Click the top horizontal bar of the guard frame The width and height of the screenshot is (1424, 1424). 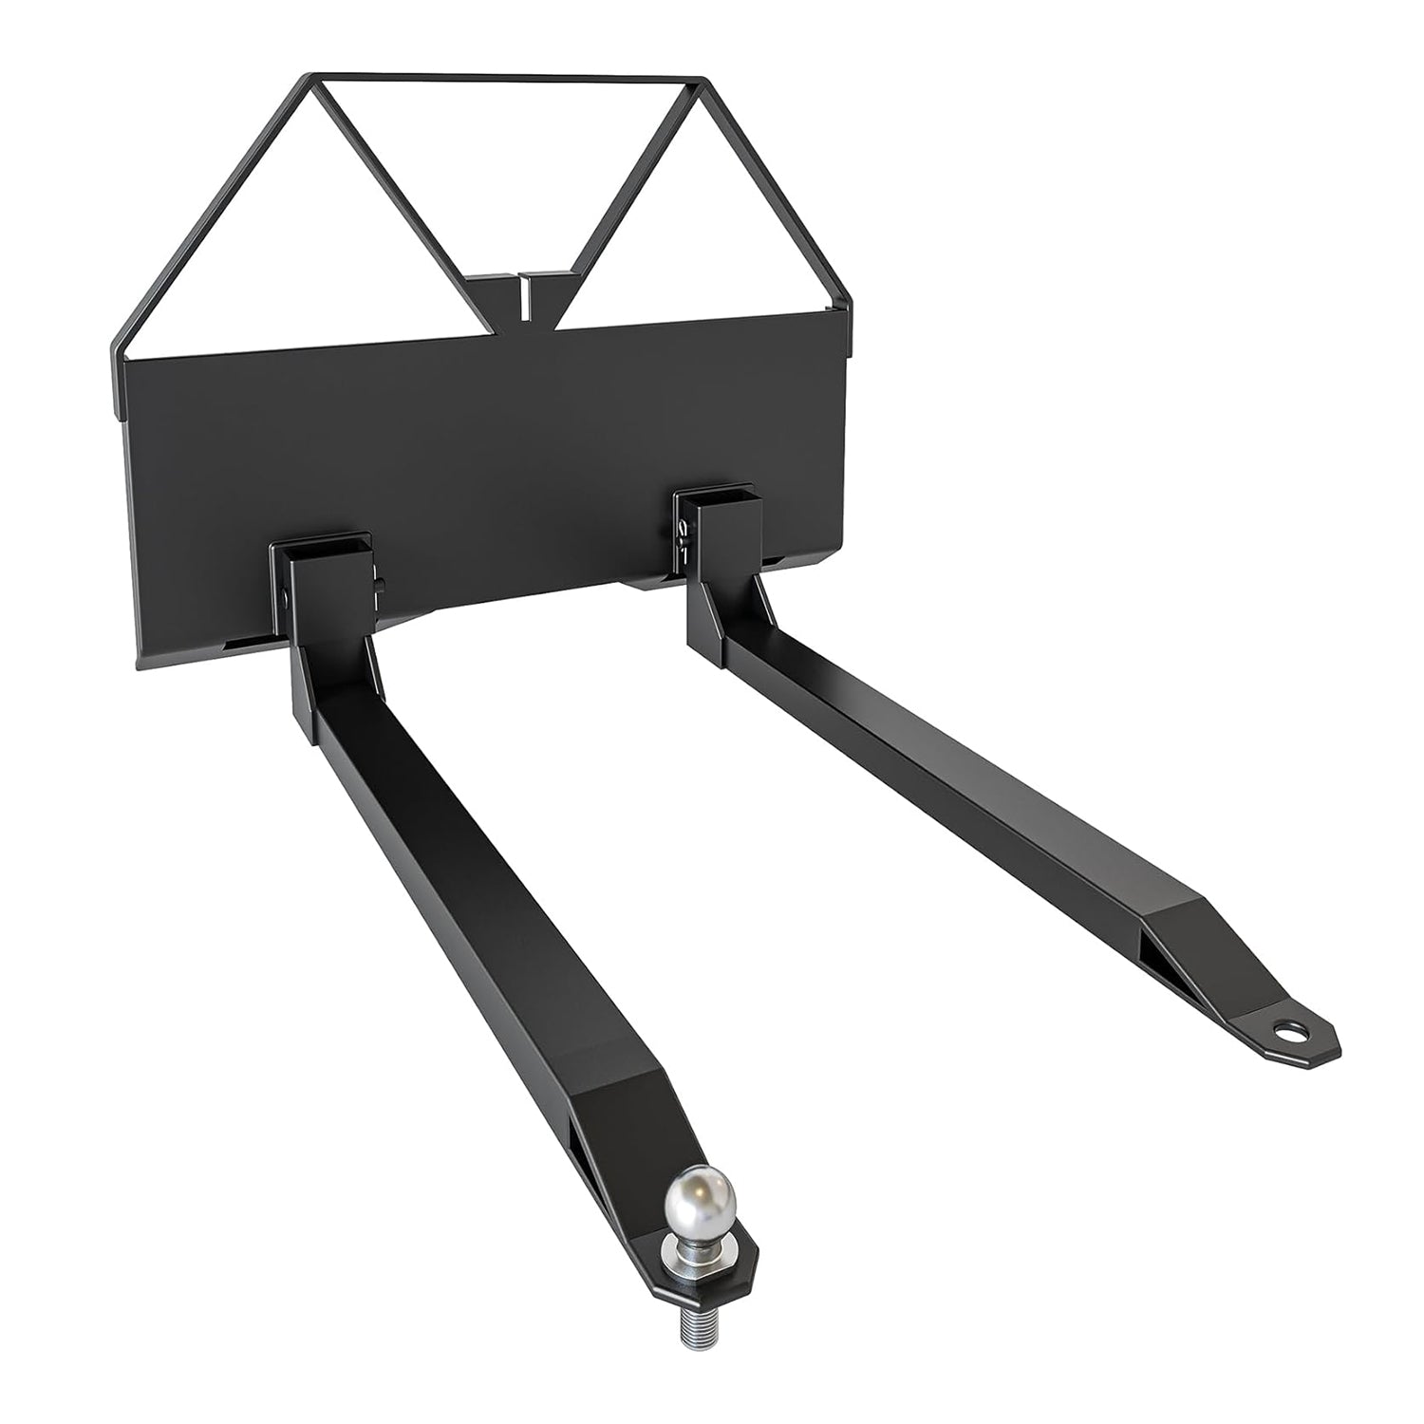click(x=503, y=78)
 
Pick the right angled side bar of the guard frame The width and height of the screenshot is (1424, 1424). click(x=778, y=190)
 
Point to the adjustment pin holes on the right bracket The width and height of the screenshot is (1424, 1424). click(x=684, y=536)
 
